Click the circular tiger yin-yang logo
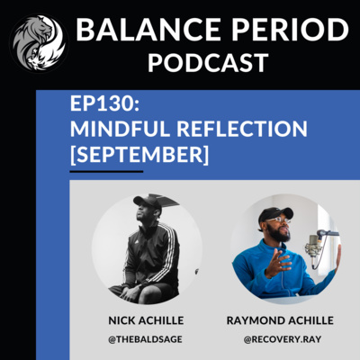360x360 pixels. (x=40, y=43)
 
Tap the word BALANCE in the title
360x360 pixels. (x=148, y=30)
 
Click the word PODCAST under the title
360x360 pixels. (x=208, y=63)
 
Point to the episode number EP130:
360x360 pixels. (x=104, y=103)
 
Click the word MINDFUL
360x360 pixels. (x=120, y=129)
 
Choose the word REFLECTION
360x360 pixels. (x=242, y=129)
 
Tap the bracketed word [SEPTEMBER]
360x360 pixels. (x=139, y=155)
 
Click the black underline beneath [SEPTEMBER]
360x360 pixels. (x=106, y=172)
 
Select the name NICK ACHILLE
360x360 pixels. (x=146, y=320)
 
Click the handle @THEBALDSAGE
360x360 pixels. (x=145, y=339)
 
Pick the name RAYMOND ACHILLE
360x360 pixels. (x=280, y=320)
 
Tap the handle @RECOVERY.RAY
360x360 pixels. (x=283, y=339)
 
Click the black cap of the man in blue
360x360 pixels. (x=274, y=214)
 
